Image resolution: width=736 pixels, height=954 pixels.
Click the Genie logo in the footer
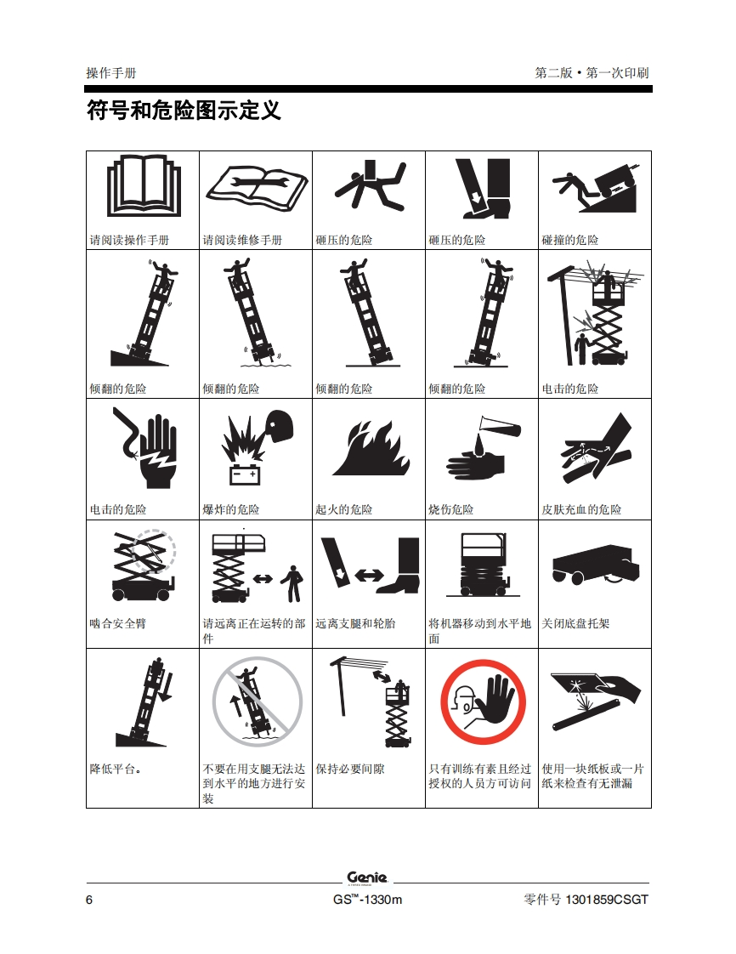click(x=367, y=878)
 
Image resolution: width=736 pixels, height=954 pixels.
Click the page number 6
click(x=89, y=900)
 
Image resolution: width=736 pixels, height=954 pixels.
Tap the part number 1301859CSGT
click(x=607, y=900)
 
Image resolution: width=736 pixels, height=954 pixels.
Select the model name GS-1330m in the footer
click(x=367, y=900)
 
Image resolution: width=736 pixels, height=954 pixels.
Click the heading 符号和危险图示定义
click(x=184, y=111)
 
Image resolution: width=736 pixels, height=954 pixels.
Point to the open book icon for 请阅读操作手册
click(x=144, y=185)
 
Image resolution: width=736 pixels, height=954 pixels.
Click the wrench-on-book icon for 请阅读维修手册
click(x=257, y=187)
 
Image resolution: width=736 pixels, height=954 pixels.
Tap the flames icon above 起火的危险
click(x=371, y=448)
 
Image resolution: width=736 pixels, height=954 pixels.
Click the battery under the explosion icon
click(x=245, y=474)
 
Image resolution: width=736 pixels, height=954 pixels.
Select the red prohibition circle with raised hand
click(x=483, y=702)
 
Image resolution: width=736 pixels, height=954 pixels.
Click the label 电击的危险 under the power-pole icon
click(x=570, y=389)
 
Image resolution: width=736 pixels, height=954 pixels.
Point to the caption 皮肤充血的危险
click(x=581, y=510)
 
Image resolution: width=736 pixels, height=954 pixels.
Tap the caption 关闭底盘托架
click(x=575, y=623)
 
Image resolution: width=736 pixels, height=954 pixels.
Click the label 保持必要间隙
click(x=350, y=769)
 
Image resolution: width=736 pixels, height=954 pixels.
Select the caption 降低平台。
click(x=116, y=769)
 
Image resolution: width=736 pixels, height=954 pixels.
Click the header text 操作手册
click(x=111, y=73)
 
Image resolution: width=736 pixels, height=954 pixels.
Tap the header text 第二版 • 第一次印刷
click(x=592, y=73)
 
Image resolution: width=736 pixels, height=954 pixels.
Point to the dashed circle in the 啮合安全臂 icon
click(x=155, y=551)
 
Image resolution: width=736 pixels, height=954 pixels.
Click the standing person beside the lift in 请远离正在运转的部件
click(x=293, y=583)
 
